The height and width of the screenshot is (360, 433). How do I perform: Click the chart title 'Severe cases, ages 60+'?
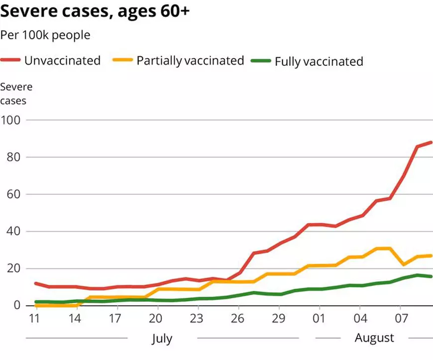click(x=95, y=11)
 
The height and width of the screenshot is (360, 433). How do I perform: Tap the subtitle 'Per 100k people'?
click(x=45, y=35)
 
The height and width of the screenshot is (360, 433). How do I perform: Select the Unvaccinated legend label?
click(x=62, y=61)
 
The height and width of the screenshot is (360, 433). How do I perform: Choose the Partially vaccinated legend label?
click(x=190, y=61)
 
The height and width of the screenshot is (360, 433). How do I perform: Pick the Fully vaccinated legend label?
click(x=319, y=62)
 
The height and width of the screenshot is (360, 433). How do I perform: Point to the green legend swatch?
click(x=261, y=61)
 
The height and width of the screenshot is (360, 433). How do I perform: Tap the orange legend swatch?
click(x=123, y=61)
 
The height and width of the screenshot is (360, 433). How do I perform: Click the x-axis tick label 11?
click(x=35, y=319)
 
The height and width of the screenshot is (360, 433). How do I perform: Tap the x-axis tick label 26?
click(x=237, y=319)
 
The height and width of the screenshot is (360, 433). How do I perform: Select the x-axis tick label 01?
click(x=319, y=319)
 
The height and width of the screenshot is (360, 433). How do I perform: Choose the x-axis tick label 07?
click(x=401, y=319)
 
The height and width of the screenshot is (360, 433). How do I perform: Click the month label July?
click(x=162, y=339)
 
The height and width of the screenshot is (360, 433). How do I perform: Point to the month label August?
click(x=374, y=338)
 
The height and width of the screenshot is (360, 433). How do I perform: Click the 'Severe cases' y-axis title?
click(x=16, y=93)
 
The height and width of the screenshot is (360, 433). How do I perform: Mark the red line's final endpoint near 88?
click(x=431, y=142)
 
